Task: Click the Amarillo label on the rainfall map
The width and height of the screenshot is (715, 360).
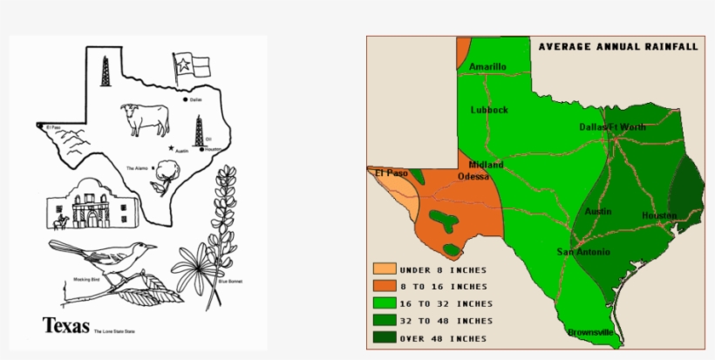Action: [x=487, y=67]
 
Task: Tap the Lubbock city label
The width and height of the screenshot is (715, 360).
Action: [x=489, y=110]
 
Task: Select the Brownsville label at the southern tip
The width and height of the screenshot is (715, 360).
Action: [x=590, y=332]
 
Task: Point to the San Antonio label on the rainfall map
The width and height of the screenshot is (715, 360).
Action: [x=583, y=252]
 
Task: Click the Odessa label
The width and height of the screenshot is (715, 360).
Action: [x=473, y=176]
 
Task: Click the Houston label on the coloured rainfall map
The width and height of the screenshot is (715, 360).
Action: [x=659, y=215]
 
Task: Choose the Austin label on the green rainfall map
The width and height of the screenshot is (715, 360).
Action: [x=598, y=212]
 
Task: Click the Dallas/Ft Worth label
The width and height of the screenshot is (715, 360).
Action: [x=613, y=127]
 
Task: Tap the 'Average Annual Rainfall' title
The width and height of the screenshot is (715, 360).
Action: [x=617, y=46]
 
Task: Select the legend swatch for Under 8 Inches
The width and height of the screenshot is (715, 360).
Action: [x=385, y=269]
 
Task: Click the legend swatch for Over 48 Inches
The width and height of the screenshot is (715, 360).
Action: [x=385, y=337]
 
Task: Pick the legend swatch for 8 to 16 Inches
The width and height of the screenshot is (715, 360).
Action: [x=385, y=286]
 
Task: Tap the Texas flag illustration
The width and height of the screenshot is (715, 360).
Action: [x=191, y=66]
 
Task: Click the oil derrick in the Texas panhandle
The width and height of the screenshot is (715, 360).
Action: [x=106, y=70]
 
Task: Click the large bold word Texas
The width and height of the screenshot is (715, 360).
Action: [x=66, y=325]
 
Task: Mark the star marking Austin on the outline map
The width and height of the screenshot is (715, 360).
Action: [x=172, y=147]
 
